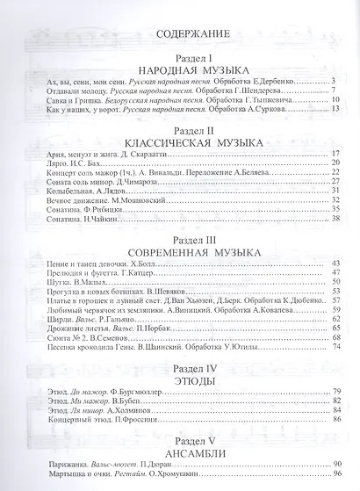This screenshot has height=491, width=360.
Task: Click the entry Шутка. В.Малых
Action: pos(75,282)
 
